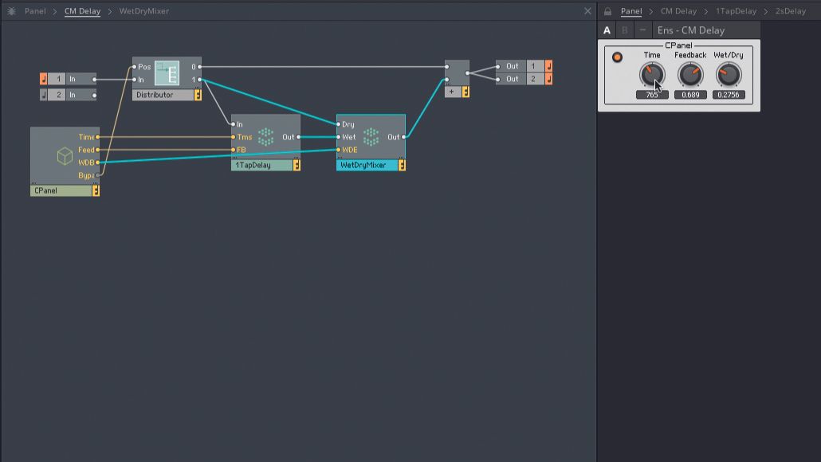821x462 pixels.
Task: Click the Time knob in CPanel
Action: click(x=651, y=75)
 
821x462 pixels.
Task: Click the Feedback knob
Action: click(x=690, y=75)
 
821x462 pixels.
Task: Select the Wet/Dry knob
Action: click(x=728, y=75)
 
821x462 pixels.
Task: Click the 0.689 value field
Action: click(x=690, y=95)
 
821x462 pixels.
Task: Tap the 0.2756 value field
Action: click(x=728, y=95)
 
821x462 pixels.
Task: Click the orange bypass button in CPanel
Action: click(x=617, y=57)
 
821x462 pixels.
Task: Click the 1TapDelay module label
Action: click(x=261, y=166)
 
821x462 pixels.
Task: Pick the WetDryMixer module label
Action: click(x=366, y=166)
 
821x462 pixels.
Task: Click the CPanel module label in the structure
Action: click(x=61, y=191)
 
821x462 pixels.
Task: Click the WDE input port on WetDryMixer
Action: click(x=339, y=149)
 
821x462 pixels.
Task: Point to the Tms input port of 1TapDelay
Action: click(x=234, y=137)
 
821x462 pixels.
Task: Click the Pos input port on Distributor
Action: click(x=135, y=67)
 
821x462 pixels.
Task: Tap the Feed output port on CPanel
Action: click(x=97, y=150)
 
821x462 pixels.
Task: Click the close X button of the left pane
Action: click(x=588, y=11)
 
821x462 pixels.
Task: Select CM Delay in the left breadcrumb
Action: click(x=82, y=11)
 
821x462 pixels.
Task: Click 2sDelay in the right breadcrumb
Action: click(x=790, y=11)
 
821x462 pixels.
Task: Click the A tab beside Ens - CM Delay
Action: click(x=607, y=30)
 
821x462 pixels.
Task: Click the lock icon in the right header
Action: click(x=607, y=11)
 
